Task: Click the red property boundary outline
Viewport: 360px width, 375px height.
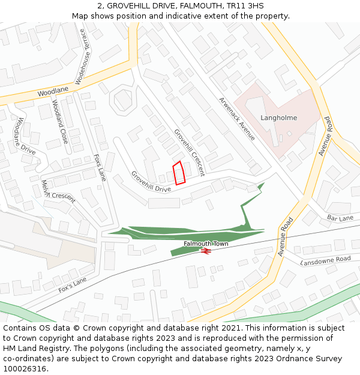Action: click(x=178, y=173)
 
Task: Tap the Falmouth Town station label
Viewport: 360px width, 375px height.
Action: click(x=206, y=244)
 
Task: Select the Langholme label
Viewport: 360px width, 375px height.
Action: click(x=278, y=118)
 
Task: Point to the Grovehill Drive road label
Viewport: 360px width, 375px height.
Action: click(x=151, y=182)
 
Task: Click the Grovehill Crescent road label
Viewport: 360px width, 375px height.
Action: click(x=189, y=152)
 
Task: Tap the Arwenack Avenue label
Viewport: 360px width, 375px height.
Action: click(x=236, y=119)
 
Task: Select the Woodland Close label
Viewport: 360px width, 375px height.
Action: click(x=60, y=121)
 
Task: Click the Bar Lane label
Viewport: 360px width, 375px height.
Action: click(x=340, y=218)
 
